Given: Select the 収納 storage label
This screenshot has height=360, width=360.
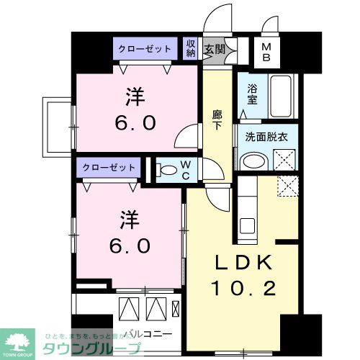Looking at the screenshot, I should (191, 49).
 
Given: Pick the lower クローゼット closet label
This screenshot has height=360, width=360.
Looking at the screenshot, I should (110, 167).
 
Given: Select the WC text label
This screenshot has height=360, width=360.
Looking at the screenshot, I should (185, 170).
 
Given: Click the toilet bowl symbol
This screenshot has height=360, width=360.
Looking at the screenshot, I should (166, 171).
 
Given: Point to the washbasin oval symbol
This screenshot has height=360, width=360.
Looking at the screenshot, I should (253, 161).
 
